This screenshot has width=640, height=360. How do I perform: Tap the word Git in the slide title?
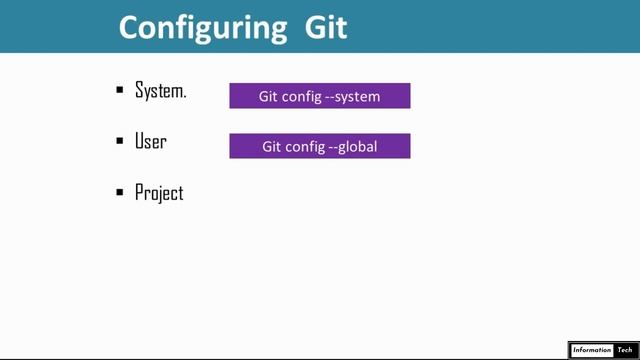[x=326, y=26]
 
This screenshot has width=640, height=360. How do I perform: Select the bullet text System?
[x=160, y=90]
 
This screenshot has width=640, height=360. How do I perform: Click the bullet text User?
[x=150, y=141]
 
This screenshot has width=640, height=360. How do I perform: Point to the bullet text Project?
[x=159, y=193]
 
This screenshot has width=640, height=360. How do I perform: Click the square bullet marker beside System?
[x=120, y=91]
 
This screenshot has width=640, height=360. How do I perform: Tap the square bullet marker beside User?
[x=120, y=142]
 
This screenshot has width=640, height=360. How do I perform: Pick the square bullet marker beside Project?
[x=120, y=193]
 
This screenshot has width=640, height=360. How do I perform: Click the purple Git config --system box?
[x=320, y=96]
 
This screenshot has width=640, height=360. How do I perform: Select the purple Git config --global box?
[x=320, y=146]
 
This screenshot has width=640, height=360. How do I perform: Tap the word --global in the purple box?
[x=352, y=147]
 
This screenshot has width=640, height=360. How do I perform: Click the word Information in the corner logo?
[x=591, y=350]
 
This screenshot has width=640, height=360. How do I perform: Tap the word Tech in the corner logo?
[x=625, y=350]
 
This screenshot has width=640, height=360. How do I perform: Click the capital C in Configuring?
[x=131, y=27]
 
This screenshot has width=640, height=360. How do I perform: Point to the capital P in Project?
[x=140, y=192]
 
